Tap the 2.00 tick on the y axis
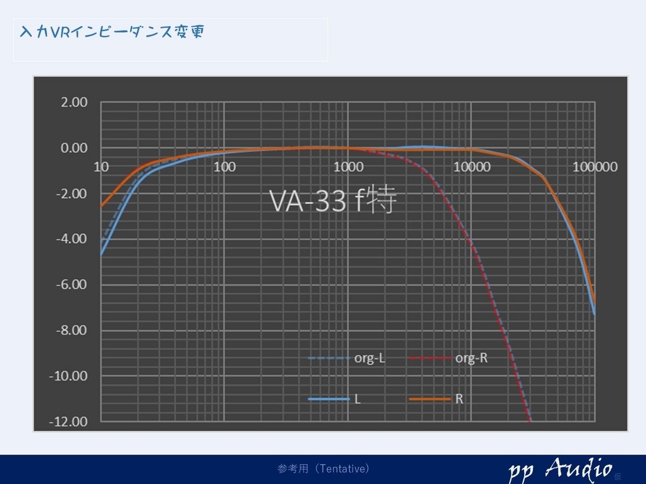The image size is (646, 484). click(x=74, y=102)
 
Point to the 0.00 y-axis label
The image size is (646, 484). click(x=74, y=148)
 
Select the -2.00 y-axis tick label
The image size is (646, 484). click(x=72, y=194)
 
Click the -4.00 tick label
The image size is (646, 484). click(x=72, y=239)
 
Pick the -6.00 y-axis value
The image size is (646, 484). click(x=72, y=284)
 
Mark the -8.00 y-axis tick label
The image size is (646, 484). click(x=72, y=330)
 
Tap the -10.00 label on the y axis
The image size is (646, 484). click(x=68, y=376)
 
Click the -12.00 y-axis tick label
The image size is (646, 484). click(x=68, y=422)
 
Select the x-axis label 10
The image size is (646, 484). click(x=101, y=167)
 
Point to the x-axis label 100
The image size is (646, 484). click(x=224, y=167)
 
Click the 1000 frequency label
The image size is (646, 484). click(x=348, y=167)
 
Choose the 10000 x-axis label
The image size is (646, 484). click(x=472, y=167)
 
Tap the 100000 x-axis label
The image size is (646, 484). click(x=595, y=167)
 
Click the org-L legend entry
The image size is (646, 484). click(x=347, y=358)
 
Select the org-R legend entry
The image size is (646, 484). click(x=448, y=358)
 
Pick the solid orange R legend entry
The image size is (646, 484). click(x=436, y=399)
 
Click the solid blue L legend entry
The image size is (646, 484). click(x=334, y=399)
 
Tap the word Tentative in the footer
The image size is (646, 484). click(x=343, y=469)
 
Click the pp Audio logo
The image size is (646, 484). click(x=561, y=469)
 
